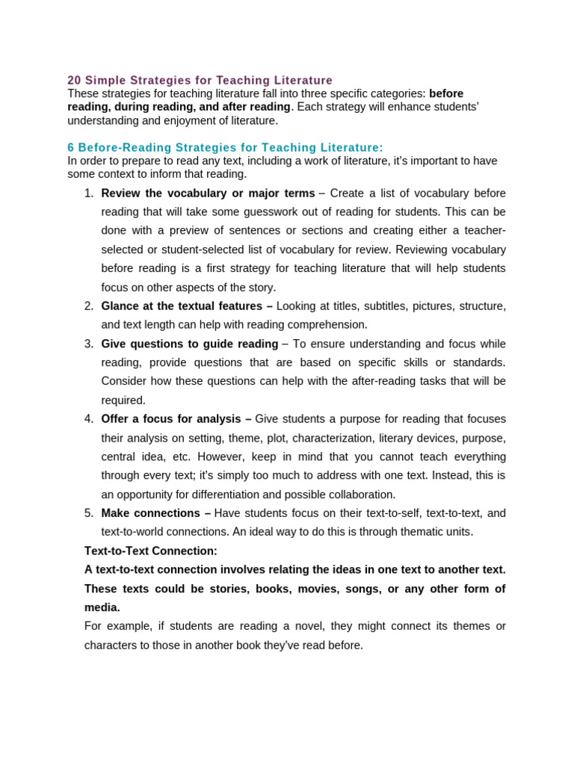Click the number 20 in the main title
click(74, 80)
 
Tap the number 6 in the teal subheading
click(71, 148)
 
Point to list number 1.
click(88, 193)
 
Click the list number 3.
click(88, 344)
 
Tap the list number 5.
click(88, 513)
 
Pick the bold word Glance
click(120, 306)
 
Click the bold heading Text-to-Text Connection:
click(150, 551)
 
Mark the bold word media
click(102, 607)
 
